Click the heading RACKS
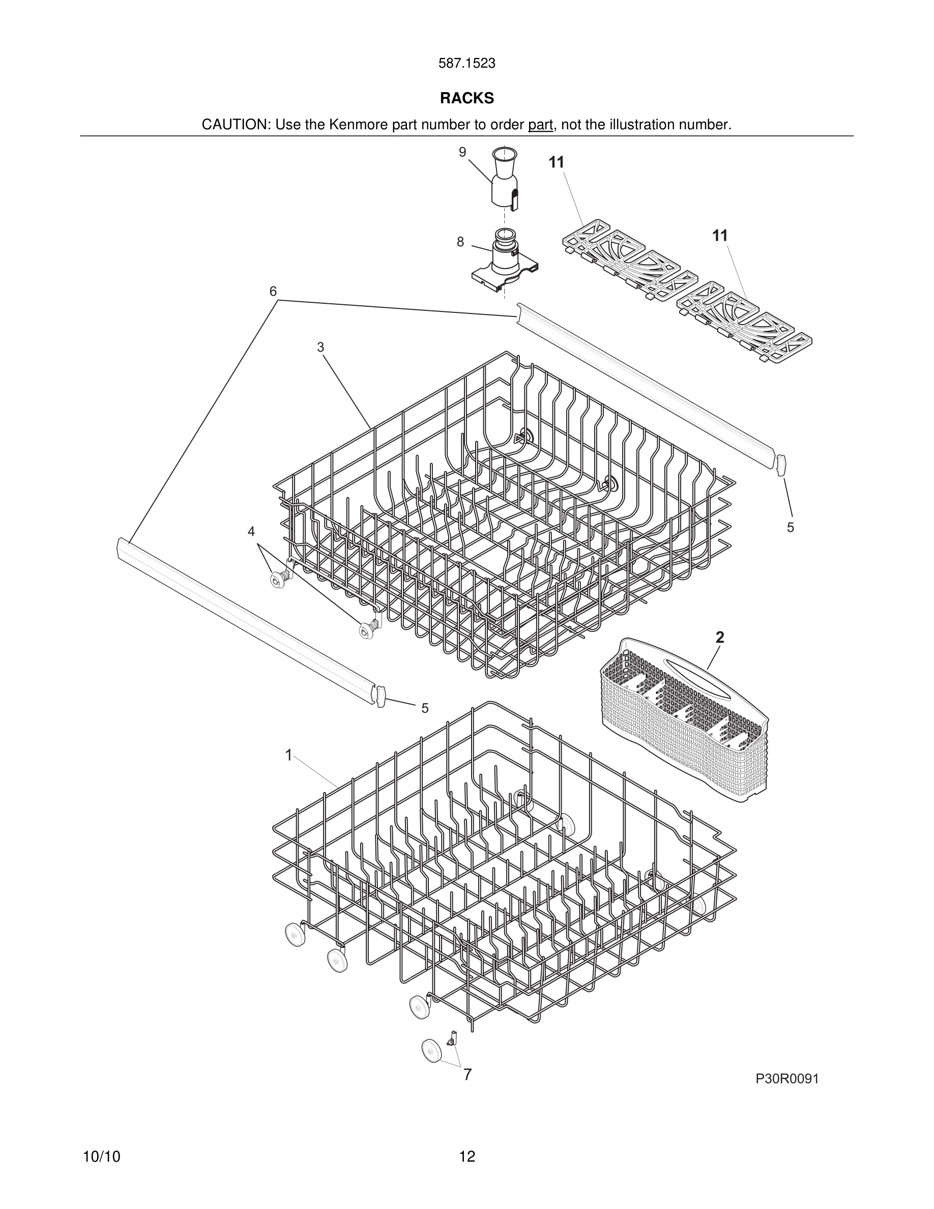[466, 99]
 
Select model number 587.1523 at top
[466, 64]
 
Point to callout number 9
[462, 152]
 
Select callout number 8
[460, 242]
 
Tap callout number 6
[273, 291]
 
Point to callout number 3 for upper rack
[320, 347]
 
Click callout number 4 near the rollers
[251, 531]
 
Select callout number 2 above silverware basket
[719, 637]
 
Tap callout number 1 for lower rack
[288, 755]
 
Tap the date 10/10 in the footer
[101, 1157]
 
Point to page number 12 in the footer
[466, 1157]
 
